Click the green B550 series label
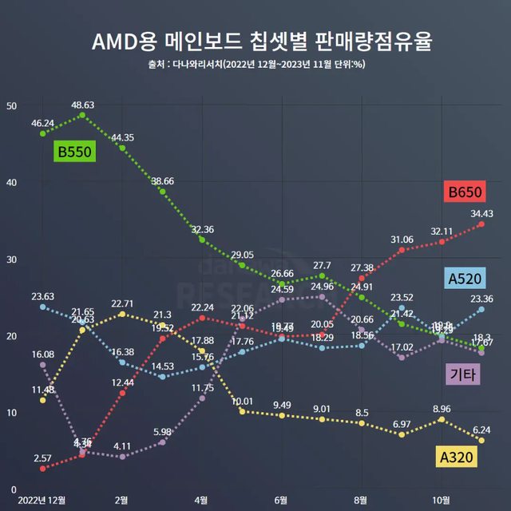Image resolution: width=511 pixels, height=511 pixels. click(74, 152)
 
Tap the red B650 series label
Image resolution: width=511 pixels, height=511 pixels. click(465, 192)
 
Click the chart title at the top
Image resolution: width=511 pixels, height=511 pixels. click(255, 41)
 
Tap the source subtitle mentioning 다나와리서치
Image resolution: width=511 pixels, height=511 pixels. click(255, 65)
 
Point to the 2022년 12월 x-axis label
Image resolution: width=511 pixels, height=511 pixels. click(42, 499)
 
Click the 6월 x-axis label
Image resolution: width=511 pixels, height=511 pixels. click(281, 499)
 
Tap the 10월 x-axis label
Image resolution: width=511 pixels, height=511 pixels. click(441, 499)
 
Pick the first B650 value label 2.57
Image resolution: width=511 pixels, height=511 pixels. click(42, 458)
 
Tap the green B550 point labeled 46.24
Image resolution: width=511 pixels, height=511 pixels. click(42, 133)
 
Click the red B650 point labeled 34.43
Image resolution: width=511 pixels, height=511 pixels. click(481, 224)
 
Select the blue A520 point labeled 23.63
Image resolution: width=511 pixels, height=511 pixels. click(42, 307)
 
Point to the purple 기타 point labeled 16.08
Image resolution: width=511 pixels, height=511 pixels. click(42, 365)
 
